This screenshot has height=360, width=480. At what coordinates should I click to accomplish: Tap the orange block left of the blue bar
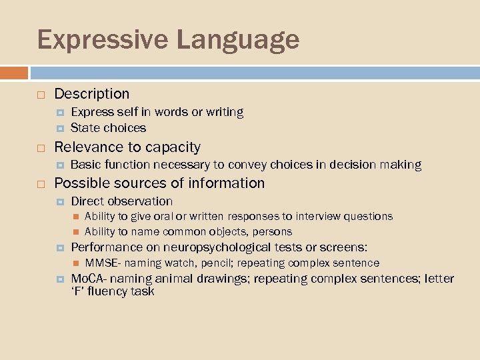14,73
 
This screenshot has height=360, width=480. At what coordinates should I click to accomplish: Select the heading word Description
92,94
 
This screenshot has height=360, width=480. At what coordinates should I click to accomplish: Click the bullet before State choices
59,128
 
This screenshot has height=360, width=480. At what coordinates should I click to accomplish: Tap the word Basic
85,165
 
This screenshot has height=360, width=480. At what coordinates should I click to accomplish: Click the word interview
321,216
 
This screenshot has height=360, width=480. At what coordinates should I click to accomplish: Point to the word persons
272,231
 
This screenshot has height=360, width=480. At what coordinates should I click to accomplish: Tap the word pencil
215,263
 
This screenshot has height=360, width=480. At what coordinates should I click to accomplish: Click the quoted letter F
77,291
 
